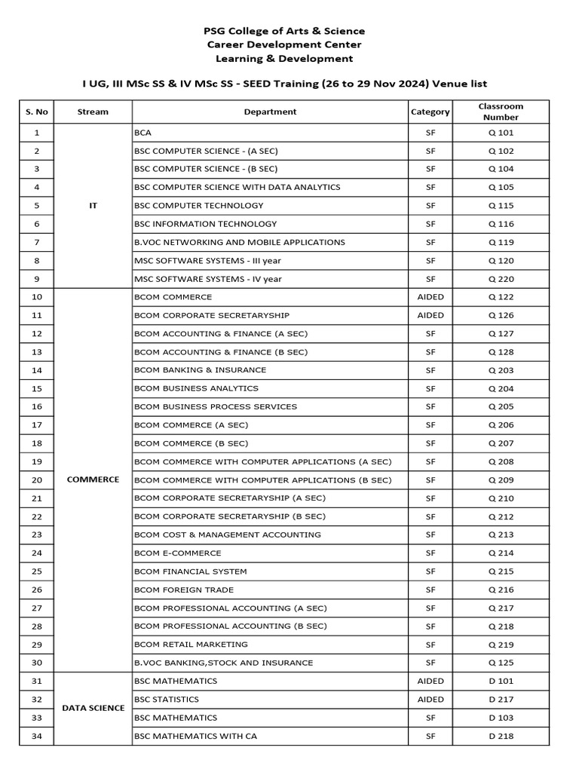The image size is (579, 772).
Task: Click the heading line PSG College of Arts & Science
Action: click(x=284, y=31)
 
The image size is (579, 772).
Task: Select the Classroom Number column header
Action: click(x=501, y=112)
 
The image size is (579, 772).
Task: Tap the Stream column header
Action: click(x=93, y=112)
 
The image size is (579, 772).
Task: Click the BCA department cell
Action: click(x=142, y=133)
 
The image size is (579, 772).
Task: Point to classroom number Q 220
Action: click(x=501, y=279)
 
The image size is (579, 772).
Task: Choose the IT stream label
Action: click(x=93, y=206)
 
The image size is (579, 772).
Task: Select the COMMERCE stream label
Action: click(x=93, y=479)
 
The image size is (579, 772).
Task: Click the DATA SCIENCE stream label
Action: click(x=93, y=708)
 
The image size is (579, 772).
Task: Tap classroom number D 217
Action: click(x=501, y=700)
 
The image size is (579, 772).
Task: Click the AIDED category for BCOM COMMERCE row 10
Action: click(x=430, y=297)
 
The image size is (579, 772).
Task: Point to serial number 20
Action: click(x=37, y=479)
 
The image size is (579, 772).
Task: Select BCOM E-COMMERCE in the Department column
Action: click(x=177, y=553)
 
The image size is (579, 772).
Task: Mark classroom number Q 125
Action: click(x=501, y=663)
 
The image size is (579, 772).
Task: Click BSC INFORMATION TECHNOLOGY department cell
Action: click(x=205, y=224)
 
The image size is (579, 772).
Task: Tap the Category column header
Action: click(x=430, y=112)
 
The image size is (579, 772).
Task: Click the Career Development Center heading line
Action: click(x=284, y=44)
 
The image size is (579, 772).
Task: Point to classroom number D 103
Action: click(x=501, y=718)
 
